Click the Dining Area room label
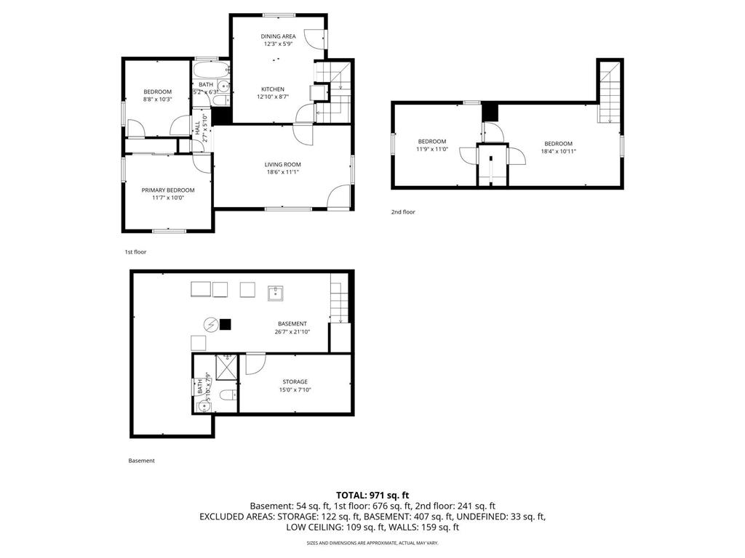[x=279, y=36]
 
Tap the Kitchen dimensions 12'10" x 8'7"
[x=279, y=97]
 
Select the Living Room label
[x=282, y=165]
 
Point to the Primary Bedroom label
[x=168, y=190]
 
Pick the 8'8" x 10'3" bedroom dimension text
[x=157, y=99]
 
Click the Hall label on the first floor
[x=197, y=129]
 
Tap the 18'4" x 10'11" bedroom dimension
[x=558, y=151]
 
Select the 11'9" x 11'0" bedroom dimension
[x=431, y=149]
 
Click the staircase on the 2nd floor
[x=610, y=91]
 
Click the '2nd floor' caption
[x=403, y=212]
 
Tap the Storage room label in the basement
[x=295, y=381]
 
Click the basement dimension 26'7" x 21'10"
[x=291, y=332]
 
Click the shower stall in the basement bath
[x=227, y=368]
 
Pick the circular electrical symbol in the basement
[x=211, y=324]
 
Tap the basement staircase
[x=338, y=299]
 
